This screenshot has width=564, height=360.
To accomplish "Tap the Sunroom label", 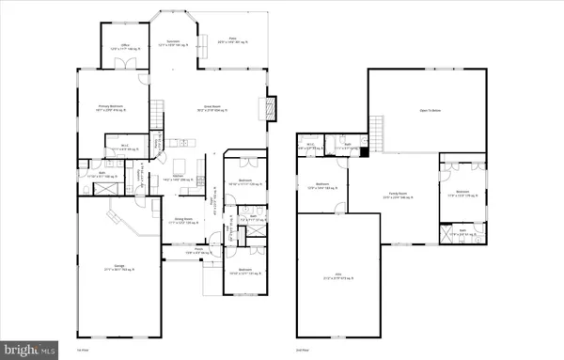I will coord(174,43).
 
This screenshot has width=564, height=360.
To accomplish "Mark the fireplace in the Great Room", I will coord(271,107).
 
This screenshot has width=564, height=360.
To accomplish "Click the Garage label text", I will coord(120,268).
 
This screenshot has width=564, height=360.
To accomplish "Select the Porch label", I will coord(193,251).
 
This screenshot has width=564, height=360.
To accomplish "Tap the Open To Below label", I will coord(431,111).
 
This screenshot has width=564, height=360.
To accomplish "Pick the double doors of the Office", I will coord(122,64).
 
